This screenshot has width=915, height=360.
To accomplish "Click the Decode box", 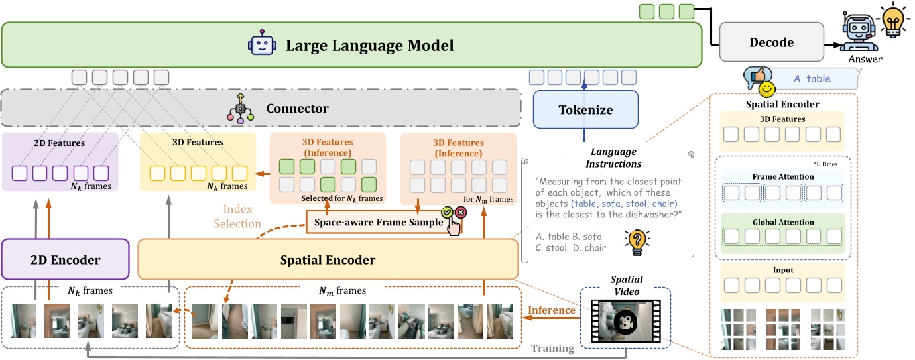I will click(771, 42).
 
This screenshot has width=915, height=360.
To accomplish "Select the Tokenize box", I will click(585, 109).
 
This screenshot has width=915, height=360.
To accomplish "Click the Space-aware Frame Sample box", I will click(379, 223).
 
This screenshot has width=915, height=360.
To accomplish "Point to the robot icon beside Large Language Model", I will click(260, 46).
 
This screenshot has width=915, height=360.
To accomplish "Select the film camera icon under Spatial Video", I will click(625, 322).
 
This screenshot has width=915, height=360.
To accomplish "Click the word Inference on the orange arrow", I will click(551, 310).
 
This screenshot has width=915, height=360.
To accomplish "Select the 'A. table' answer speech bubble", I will click(812, 78).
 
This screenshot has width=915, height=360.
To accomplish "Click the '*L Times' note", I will click(828, 163).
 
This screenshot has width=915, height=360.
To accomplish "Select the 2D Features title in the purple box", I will click(60, 142).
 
